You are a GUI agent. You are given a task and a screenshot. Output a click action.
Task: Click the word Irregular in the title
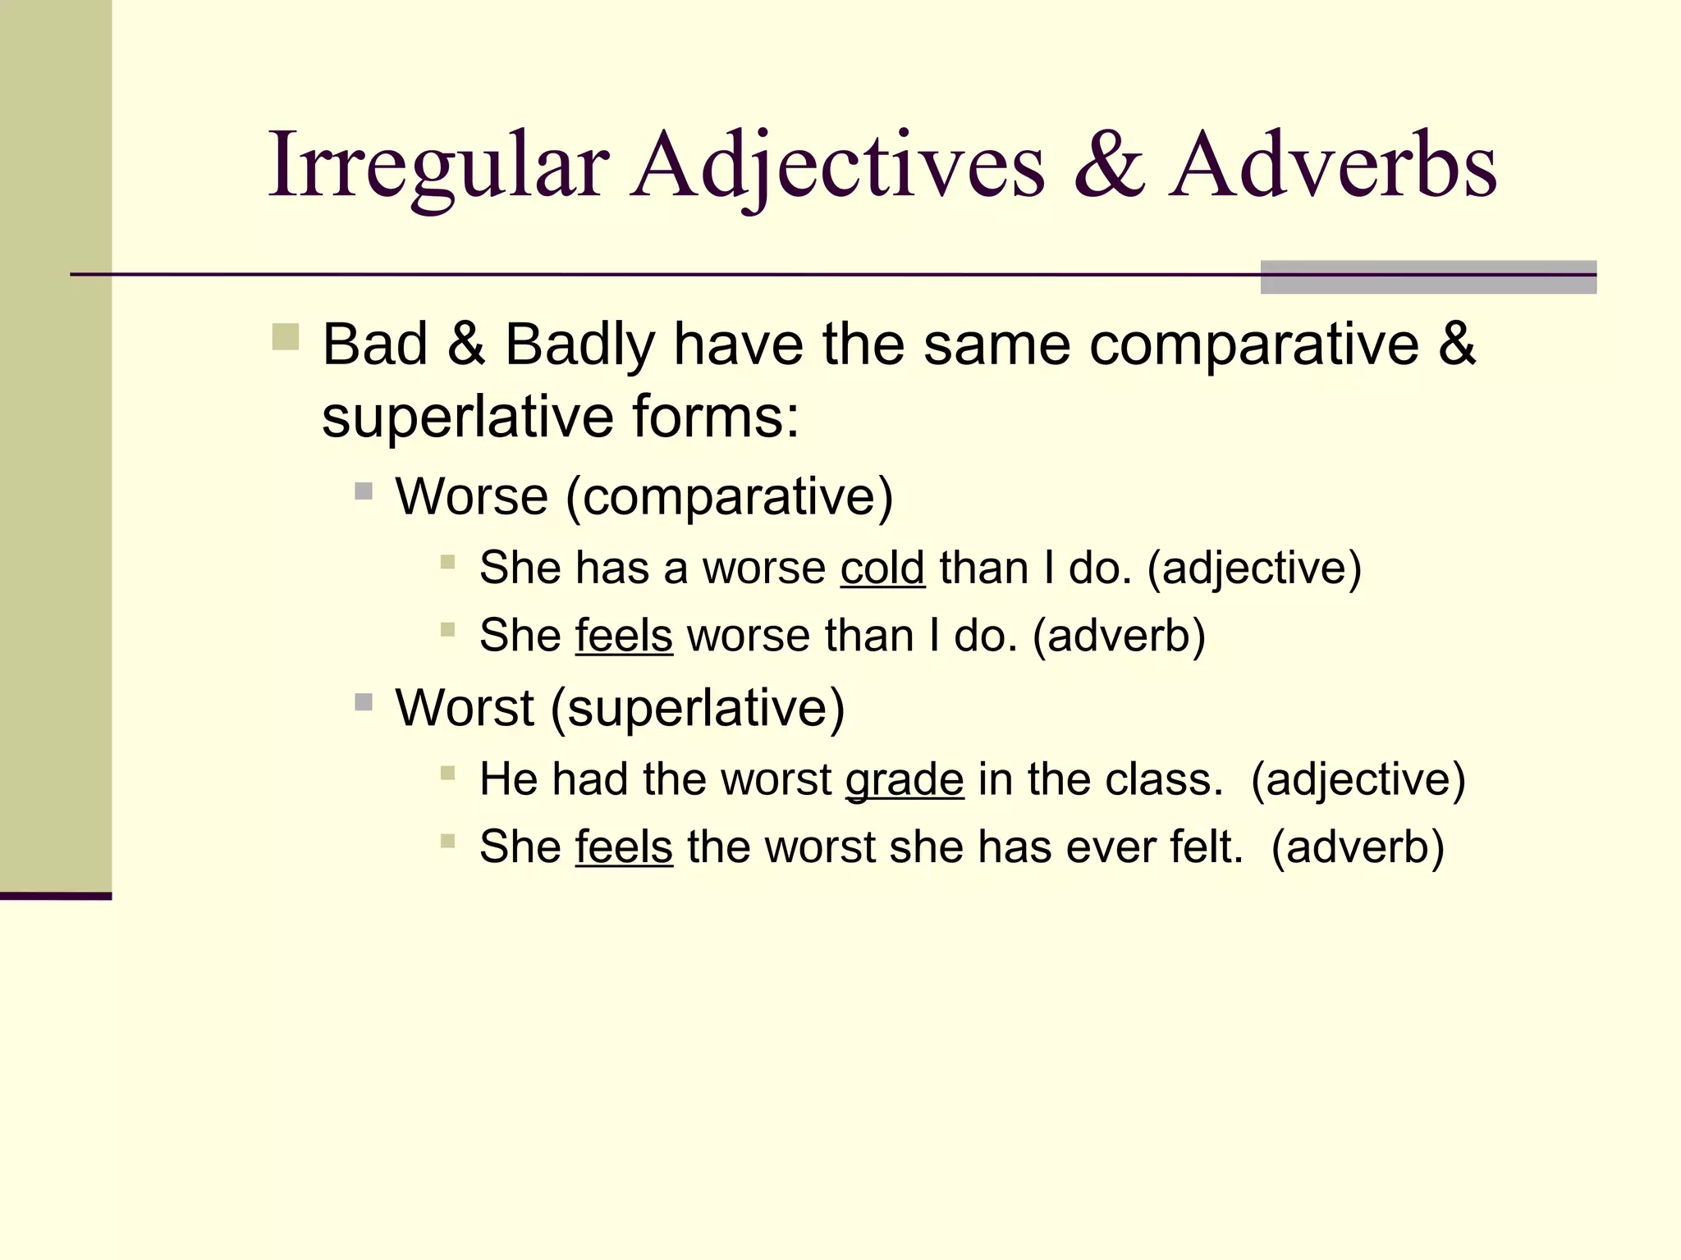click(x=438, y=166)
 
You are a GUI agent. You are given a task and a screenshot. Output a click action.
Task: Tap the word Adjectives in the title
click(x=837, y=166)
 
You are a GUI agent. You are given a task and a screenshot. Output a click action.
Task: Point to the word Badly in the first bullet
click(x=579, y=345)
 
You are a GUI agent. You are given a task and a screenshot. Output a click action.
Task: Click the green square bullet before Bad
click(x=286, y=337)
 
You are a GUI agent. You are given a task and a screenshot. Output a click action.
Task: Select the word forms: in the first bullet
click(x=715, y=417)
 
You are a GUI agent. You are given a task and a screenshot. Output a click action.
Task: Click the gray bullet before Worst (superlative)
click(x=364, y=702)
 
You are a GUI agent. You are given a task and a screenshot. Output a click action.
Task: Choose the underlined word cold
click(x=882, y=568)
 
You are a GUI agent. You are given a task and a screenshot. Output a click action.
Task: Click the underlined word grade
click(x=905, y=779)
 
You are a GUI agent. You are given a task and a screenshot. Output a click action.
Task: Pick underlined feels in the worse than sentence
click(x=624, y=636)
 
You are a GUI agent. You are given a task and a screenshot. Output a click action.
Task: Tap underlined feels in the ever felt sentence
click(x=624, y=847)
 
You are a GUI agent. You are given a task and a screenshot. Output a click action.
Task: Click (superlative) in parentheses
click(x=697, y=708)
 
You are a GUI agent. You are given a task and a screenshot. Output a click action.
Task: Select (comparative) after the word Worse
click(x=729, y=497)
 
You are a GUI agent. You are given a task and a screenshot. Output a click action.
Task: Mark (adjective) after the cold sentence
click(x=1254, y=568)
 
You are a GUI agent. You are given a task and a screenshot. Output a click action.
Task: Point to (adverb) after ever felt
click(x=1358, y=847)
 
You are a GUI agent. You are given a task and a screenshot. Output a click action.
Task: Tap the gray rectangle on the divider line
click(x=1428, y=277)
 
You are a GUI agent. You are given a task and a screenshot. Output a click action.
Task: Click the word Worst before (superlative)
click(x=465, y=708)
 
